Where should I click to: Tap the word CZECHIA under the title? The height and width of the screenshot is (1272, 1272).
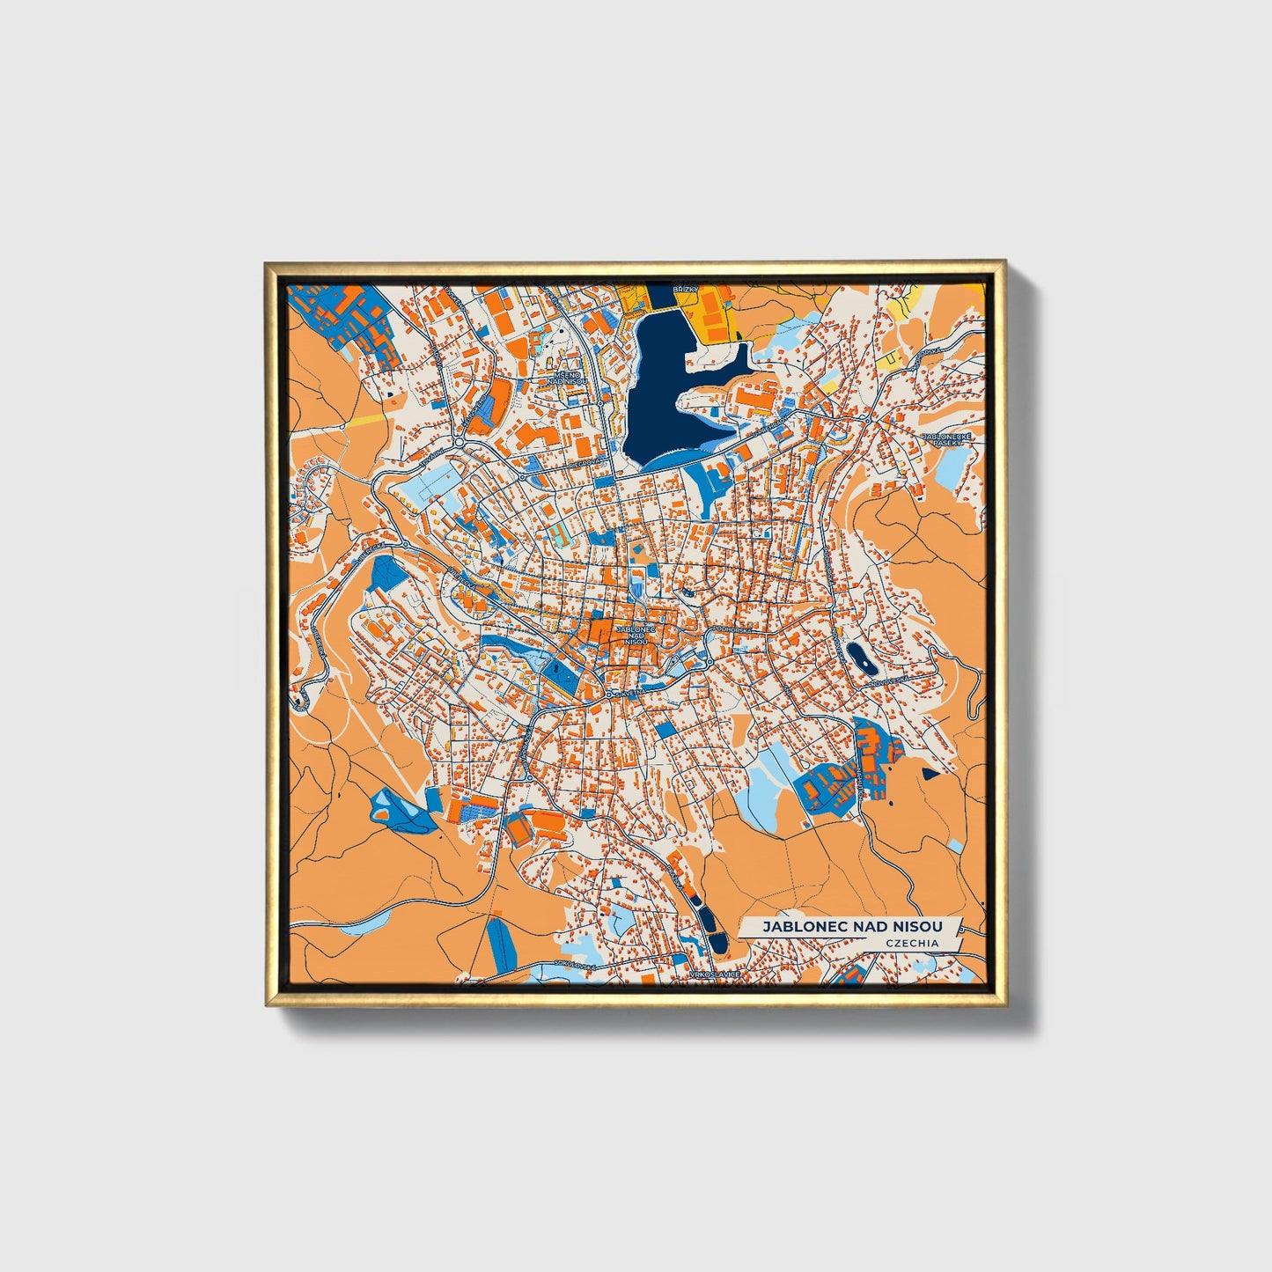(x=913, y=943)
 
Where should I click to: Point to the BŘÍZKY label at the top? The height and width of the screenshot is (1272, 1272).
(x=684, y=289)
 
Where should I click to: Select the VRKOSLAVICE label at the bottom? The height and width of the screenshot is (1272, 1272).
(x=716, y=975)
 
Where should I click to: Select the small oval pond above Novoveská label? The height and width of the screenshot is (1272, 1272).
(x=856, y=655)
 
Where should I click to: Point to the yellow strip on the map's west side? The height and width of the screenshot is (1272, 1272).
(x=363, y=421)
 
